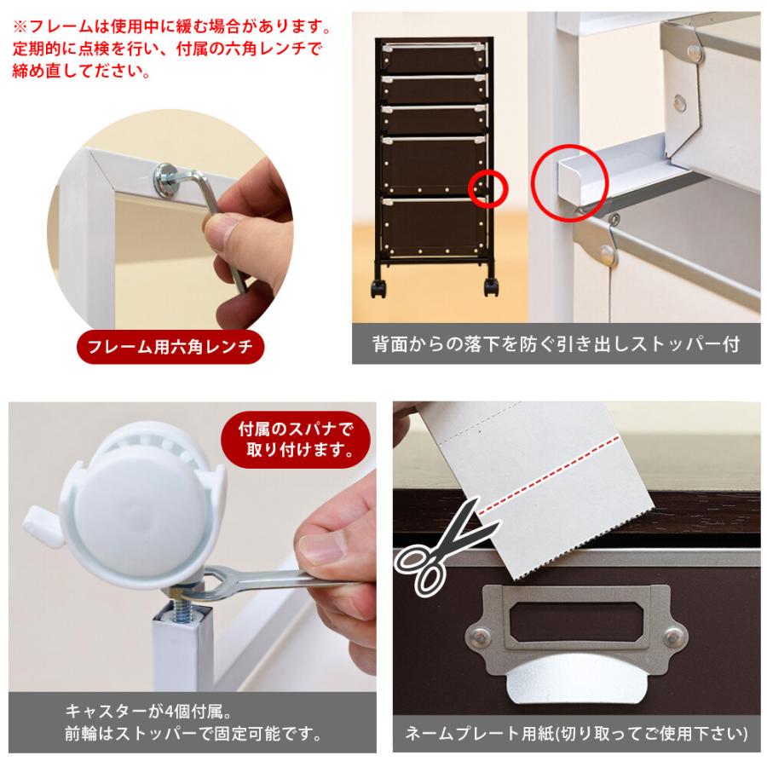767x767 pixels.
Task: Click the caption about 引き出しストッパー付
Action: click(x=556, y=345)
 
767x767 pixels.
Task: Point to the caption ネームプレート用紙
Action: click(x=577, y=733)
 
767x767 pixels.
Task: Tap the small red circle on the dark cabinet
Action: click(x=488, y=187)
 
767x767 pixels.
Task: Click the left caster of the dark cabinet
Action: click(x=376, y=288)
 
